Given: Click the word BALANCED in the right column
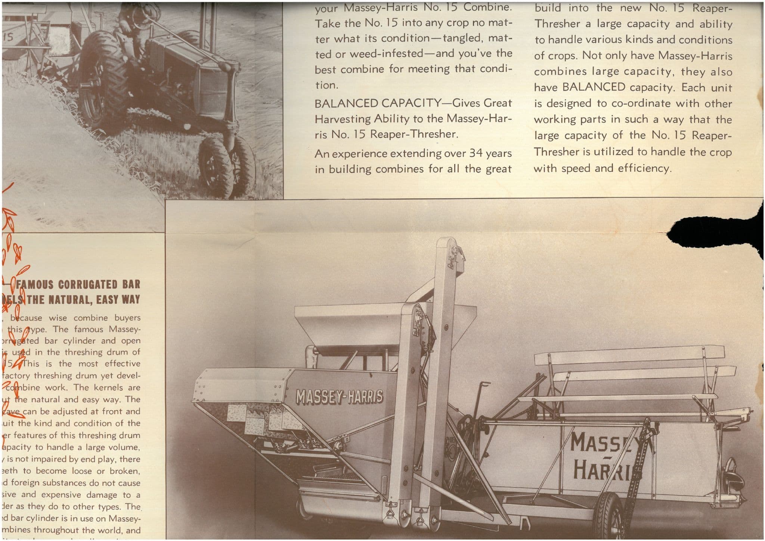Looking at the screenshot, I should (x=594, y=87).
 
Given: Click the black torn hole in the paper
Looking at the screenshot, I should (x=710, y=232).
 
